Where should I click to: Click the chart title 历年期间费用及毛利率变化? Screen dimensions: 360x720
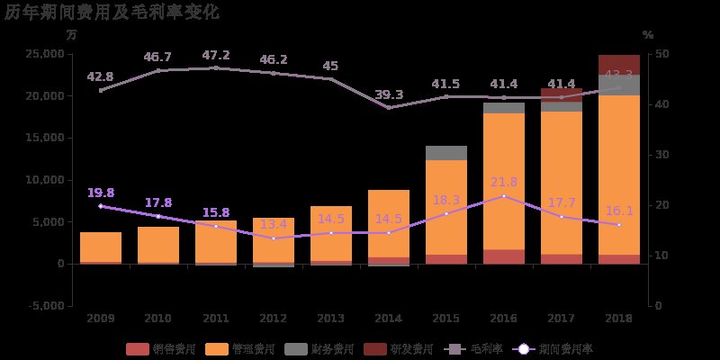[x=112, y=12]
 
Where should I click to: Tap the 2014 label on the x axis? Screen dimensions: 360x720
[x=389, y=319]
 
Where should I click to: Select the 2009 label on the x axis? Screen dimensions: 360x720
[x=101, y=319]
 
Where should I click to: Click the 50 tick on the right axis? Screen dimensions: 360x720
[x=661, y=54]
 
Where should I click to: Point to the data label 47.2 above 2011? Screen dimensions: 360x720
[x=216, y=55]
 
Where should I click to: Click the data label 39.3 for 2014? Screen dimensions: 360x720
[x=389, y=94]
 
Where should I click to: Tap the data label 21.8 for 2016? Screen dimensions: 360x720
[x=504, y=183]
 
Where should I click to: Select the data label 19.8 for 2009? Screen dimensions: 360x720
[x=101, y=193]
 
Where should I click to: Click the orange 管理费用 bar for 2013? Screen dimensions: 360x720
[x=331, y=234]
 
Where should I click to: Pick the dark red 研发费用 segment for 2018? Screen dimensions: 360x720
[x=619, y=64]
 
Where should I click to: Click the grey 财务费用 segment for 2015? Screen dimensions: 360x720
[x=446, y=153]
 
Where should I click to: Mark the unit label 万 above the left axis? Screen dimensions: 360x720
[x=72, y=34]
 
